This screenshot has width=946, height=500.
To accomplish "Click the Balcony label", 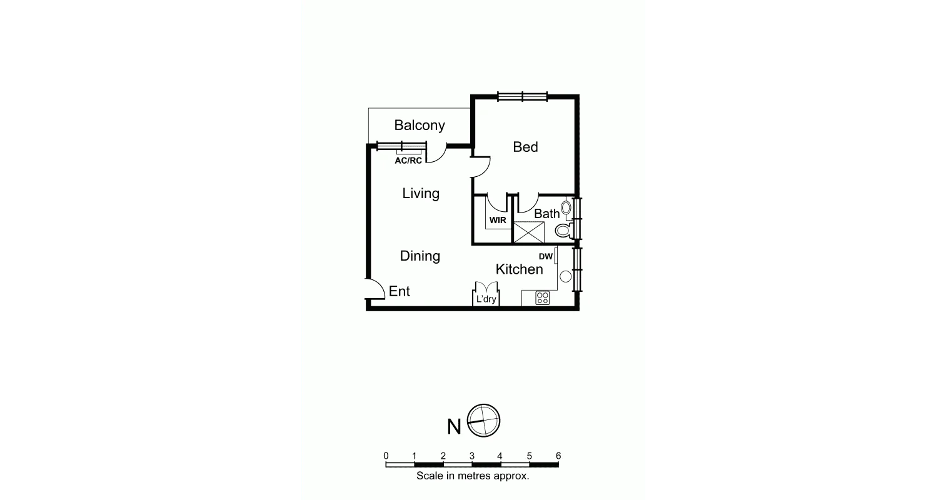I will [x=420, y=125].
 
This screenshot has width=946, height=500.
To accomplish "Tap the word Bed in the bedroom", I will [x=525, y=147].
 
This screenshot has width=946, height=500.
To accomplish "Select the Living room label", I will [x=421, y=194].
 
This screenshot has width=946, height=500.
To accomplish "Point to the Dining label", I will [x=420, y=256].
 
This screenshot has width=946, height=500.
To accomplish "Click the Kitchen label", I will [x=519, y=269].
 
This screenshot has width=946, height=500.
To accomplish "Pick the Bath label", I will [x=547, y=214].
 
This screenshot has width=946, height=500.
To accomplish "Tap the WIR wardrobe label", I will [x=498, y=221].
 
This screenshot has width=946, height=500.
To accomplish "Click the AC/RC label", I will [x=408, y=161].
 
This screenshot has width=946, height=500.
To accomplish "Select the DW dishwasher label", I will [x=545, y=256].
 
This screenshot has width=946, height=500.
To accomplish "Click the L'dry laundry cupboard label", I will [x=486, y=299].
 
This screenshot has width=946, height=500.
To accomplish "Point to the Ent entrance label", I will [x=400, y=291].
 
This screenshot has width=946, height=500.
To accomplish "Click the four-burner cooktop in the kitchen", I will [x=542, y=298].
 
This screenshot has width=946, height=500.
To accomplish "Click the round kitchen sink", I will [x=566, y=276].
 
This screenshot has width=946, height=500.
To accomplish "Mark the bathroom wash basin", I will [x=566, y=207].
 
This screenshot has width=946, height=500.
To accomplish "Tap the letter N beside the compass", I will [x=454, y=427].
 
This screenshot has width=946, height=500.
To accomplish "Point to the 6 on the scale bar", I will [x=558, y=456].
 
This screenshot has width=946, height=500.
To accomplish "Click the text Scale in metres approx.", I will [x=473, y=476].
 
